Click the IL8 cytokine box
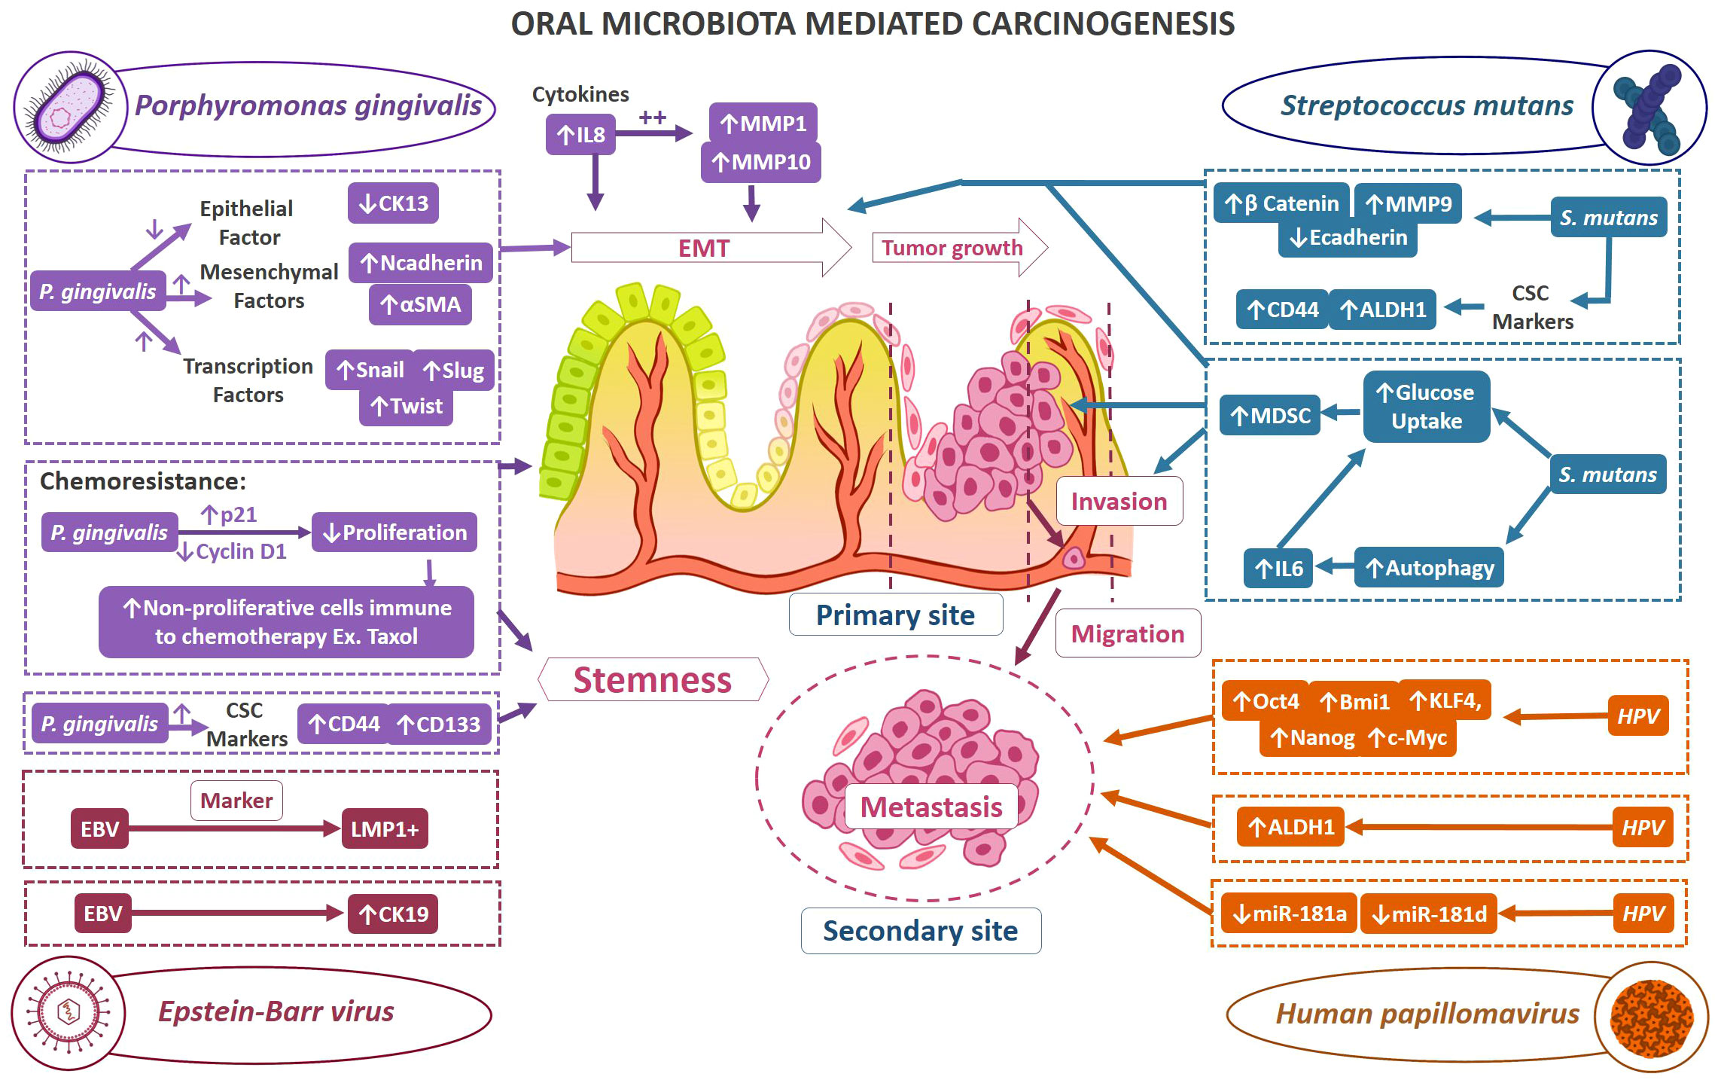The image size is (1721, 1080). (580, 135)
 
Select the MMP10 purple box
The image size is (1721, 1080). (761, 162)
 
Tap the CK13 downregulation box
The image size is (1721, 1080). (393, 203)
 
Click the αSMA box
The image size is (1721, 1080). (420, 304)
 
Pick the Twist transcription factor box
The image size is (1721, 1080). (406, 406)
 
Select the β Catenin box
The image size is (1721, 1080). (1281, 203)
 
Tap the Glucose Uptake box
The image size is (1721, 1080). (1427, 407)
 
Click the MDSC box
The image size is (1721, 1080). (1270, 415)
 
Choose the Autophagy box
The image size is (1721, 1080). (1430, 568)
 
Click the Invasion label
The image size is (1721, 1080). (1119, 501)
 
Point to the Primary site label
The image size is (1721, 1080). (896, 615)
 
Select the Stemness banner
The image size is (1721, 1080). (653, 679)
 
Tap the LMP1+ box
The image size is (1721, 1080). (385, 829)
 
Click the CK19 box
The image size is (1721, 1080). (393, 914)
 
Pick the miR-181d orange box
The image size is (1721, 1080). (1429, 914)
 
